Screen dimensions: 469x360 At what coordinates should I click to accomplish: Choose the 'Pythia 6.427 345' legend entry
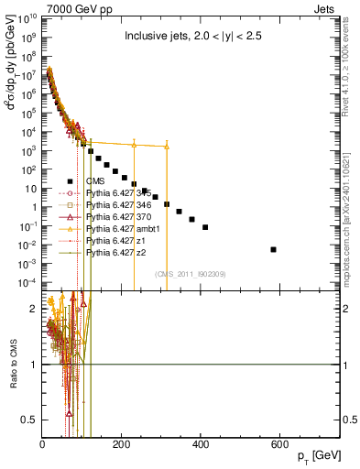click(115, 193)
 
